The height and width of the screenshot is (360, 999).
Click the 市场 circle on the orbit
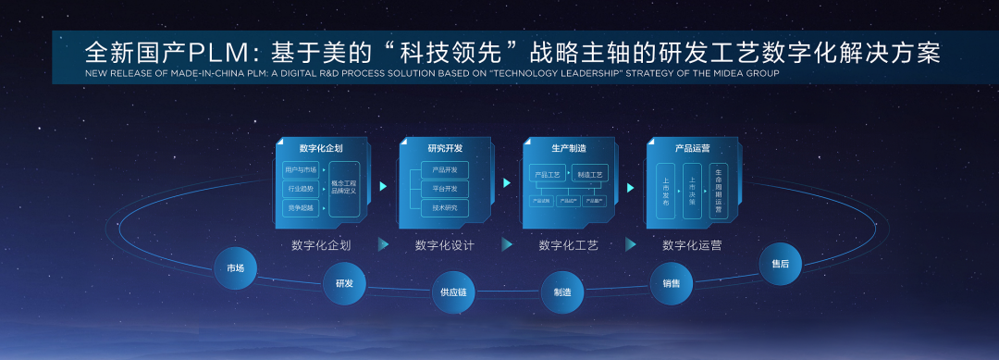tap(235, 268)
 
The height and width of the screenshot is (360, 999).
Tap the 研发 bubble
tap(344, 283)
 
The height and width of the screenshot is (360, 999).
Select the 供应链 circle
tap(453, 292)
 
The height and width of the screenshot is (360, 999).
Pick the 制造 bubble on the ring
tap(562, 292)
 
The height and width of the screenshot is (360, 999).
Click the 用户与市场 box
tap(301, 170)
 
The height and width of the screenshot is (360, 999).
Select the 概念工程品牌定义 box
tap(342, 188)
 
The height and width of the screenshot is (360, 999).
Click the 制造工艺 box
tap(589, 173)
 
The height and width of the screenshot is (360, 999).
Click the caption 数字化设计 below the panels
tap(445, 245)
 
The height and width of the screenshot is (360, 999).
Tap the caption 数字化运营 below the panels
tap(692, 245)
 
